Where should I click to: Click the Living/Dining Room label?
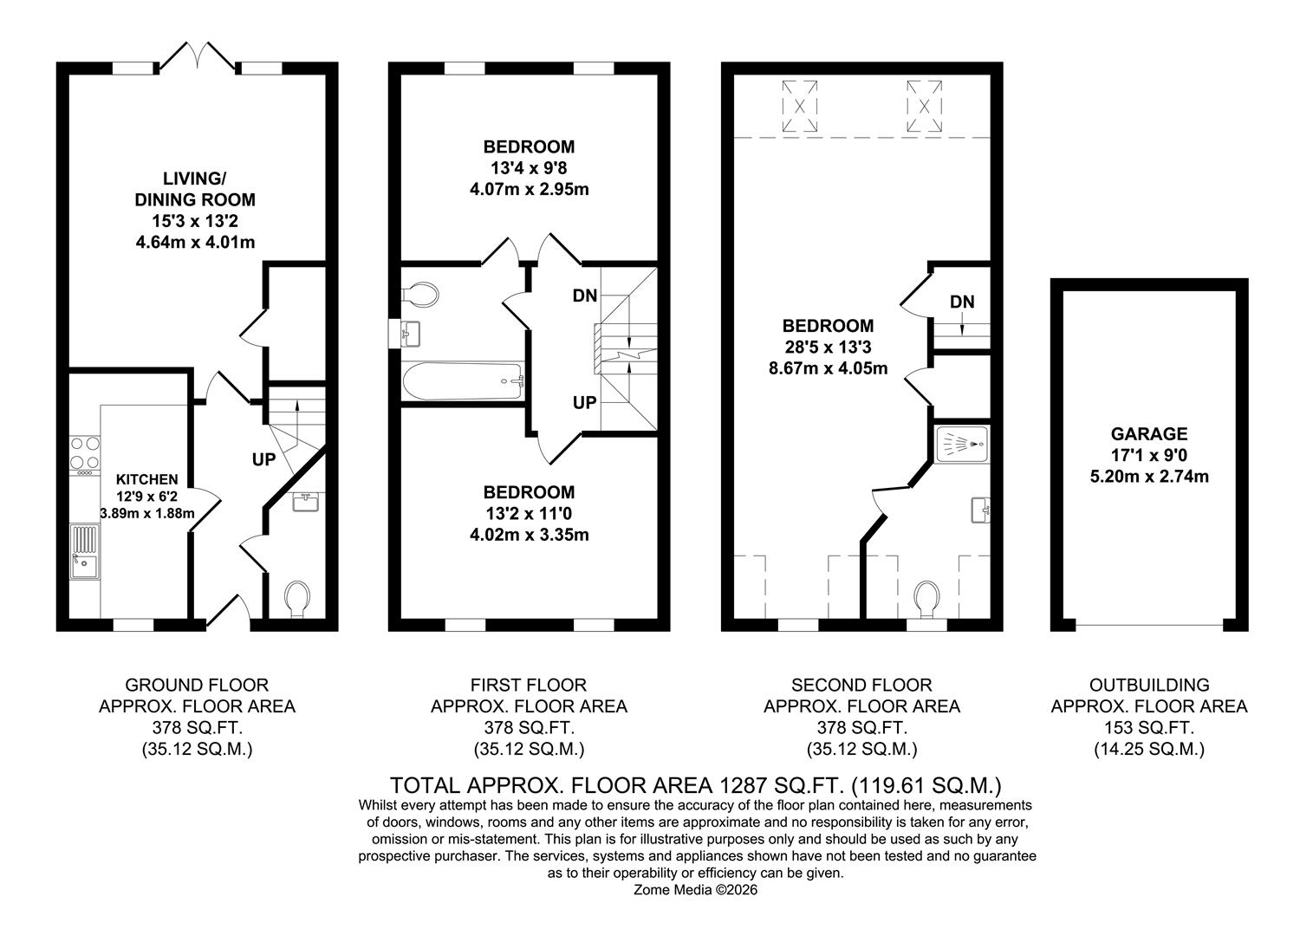pos(195,189)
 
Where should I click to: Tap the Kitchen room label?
pos(147,479)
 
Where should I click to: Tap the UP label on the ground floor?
pos(263,459)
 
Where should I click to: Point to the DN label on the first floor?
pos(584,296)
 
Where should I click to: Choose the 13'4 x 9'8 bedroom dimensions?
pos(529,168)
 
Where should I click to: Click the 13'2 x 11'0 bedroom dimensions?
pos(529,514)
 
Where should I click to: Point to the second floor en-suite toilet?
pos(927,599)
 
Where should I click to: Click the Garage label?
pos(1149,434)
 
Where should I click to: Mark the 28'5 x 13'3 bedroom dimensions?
pos(828,348)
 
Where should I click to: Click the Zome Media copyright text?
pos(696,889)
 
